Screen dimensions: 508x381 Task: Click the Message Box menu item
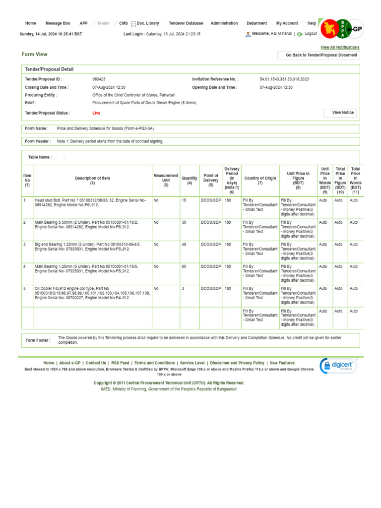click(x=58, y=23)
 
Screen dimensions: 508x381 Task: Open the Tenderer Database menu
click(x=186, y=23)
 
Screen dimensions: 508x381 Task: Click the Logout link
click(x=311, y=34)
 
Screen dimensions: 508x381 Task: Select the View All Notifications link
click(x=340, y=47)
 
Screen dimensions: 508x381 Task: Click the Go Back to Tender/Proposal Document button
click(x=321, y=55)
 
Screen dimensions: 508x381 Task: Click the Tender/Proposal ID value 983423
click(x=99, y=79)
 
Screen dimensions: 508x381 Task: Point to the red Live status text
click(x=96, y=113)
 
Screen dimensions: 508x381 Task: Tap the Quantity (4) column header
click(x=190, y=181)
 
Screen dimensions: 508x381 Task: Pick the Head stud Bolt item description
click(x=90, y=202)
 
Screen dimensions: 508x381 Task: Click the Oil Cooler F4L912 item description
click(x=92, y=293)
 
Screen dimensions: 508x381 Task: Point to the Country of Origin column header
click(x=260, y=181)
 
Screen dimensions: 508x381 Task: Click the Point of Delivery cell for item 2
click(x=210, y=223)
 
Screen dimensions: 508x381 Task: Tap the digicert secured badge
click(x=338, y=367)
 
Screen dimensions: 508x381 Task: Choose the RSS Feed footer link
click(x=120, y=363)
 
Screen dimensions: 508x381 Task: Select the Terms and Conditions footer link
click(x=154, y=363)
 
